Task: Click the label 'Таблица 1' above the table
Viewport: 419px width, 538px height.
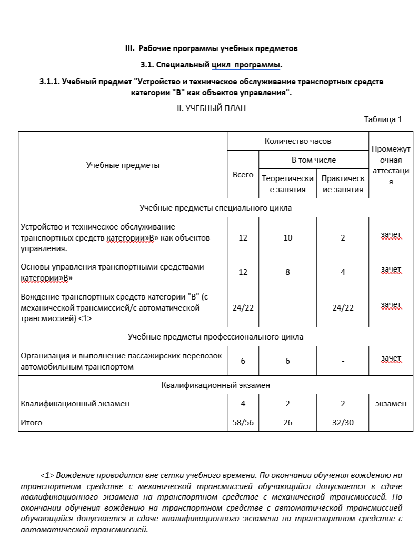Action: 383,119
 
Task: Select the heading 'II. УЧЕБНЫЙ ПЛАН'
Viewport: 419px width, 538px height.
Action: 211,108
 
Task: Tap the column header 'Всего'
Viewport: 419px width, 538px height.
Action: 243,174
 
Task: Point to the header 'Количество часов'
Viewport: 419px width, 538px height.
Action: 298,141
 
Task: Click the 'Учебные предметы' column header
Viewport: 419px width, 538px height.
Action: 123,165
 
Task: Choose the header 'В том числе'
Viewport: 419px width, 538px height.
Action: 314,160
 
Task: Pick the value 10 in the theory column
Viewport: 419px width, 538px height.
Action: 287,238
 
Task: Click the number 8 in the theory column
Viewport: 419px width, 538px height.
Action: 287,272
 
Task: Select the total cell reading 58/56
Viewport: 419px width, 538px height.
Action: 243,423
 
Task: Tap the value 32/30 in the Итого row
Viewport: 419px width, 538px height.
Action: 343,423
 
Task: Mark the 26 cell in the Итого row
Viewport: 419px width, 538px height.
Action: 287,423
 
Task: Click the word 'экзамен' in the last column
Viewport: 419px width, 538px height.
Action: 391,404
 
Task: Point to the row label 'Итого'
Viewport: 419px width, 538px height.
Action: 31,423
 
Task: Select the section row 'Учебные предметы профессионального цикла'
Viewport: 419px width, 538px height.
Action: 215,336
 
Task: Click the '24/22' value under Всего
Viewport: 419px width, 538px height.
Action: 243,307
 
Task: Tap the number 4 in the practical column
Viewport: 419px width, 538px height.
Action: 343,272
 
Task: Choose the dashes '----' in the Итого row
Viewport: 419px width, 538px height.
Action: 391,423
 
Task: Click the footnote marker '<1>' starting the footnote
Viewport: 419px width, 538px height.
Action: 47,475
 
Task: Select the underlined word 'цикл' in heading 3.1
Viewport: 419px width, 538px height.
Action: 222,65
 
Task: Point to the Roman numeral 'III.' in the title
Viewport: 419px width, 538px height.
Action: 131,48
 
